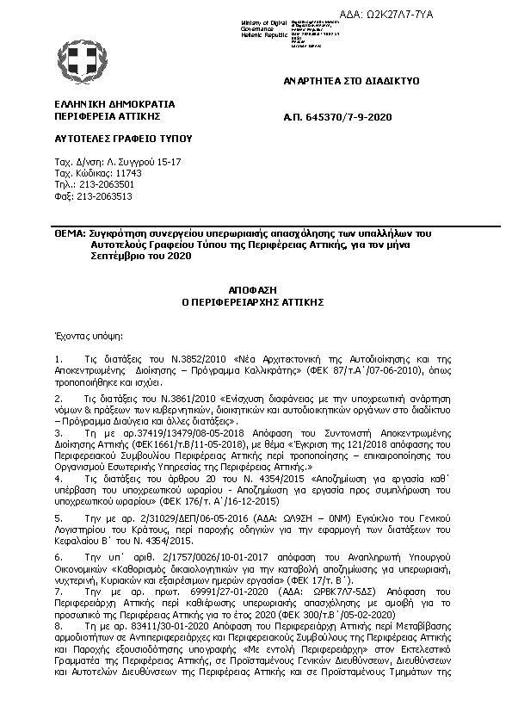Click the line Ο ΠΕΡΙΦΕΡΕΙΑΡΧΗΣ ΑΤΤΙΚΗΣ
point(256,303)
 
